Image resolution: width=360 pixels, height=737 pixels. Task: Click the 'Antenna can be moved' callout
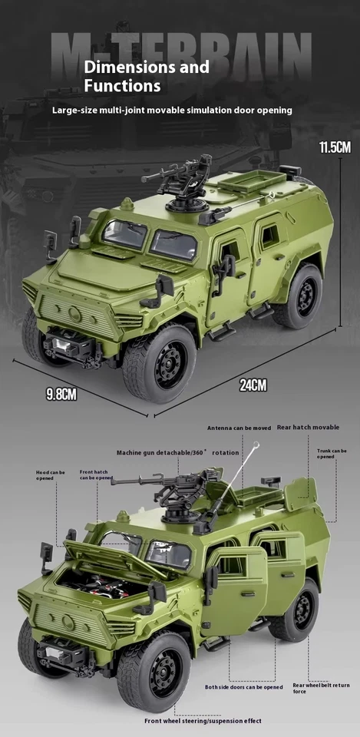tap(239, 428)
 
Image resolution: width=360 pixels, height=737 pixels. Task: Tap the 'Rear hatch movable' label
tap(308, 427)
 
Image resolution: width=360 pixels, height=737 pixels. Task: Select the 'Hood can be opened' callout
tap(51, 474)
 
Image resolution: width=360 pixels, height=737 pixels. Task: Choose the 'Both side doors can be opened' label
tap(243, 687)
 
